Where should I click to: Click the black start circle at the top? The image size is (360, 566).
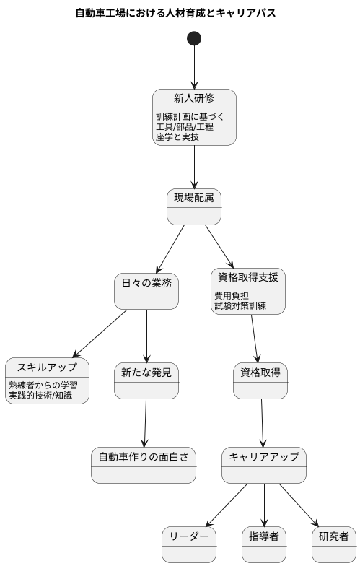point(193,38)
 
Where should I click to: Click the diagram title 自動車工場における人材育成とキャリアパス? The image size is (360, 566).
point(175,13)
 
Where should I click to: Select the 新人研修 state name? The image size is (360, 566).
point(194,99)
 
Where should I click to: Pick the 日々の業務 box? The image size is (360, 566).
point(146,291)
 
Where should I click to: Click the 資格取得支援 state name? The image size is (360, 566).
point(247,278)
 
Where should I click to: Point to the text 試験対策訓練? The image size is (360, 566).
point(240,306)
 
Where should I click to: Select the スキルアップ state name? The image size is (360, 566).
point(47,367)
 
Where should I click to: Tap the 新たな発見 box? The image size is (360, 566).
point(146,380)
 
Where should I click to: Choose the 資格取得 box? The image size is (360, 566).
point(260,380)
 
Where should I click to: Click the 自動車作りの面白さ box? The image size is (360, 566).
point(144,465)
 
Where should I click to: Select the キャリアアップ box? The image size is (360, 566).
point(264,465)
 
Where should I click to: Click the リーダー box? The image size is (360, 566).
point(188,544)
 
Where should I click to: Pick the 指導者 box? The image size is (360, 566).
point(264,544)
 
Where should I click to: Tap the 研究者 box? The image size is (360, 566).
point(333,544)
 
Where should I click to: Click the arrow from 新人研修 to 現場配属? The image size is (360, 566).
point(194,167)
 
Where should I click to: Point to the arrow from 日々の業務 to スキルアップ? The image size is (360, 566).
point(100,334)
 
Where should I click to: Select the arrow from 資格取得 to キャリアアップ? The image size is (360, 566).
point(262,422)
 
